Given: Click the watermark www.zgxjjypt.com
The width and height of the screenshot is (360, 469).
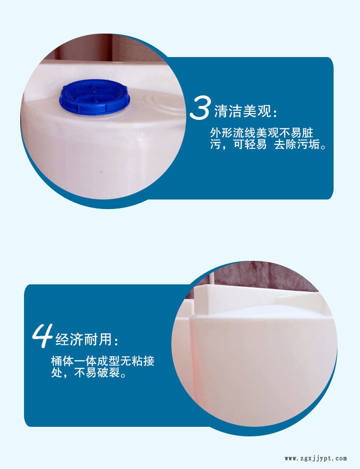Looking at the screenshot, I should (x=315, y=458).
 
